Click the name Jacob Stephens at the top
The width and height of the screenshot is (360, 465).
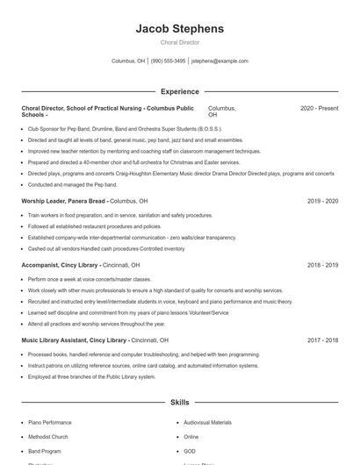point(179,28)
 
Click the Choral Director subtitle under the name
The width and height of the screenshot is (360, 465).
point(179,42)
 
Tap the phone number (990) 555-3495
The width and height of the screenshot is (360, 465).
point(168,61)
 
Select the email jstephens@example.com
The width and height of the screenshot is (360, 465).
point(220,61)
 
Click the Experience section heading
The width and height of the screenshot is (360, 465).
point(179,91)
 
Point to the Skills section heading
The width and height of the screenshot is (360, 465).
point(179,403)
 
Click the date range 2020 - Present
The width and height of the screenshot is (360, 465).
point(319,108)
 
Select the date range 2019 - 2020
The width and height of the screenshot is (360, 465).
point(322,201)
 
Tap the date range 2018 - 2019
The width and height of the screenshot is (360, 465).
point(322,264)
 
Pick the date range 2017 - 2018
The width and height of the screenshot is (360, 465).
point(322,340)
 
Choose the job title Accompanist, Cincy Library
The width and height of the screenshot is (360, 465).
point(61,264)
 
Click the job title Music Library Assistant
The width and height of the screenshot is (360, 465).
point(75,340)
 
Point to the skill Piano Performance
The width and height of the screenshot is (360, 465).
point(50,423)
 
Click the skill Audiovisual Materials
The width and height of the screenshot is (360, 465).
point(208,423)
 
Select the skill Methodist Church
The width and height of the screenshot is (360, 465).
point(47,436)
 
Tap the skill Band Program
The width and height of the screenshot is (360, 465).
point(45,450)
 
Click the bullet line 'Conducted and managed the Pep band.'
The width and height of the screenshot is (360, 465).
point(72,185)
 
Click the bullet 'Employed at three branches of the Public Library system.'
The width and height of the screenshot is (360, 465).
point(92,376)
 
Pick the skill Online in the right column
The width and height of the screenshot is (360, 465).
point(191,436)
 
